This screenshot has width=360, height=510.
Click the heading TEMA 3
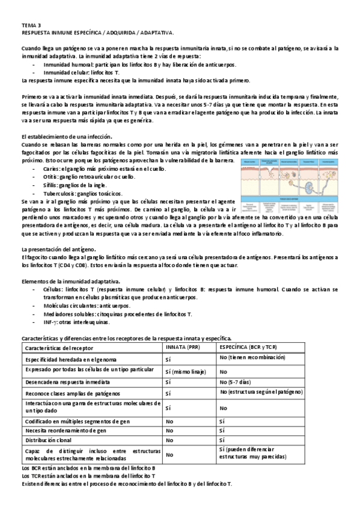pyautogui.click(x=32, y=25)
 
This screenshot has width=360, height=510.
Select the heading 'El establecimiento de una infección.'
pyautogui.click(x=70, y=137)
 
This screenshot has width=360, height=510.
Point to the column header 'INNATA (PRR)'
pyautogui.click(x=185, y=348)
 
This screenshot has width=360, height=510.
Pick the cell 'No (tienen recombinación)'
pyautogui.click(x=252, y=358)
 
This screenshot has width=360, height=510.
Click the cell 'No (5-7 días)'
pyautogui.click(x=243, y=382)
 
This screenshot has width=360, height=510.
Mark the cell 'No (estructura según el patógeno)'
pyautogui.click(x=265, y=393)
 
